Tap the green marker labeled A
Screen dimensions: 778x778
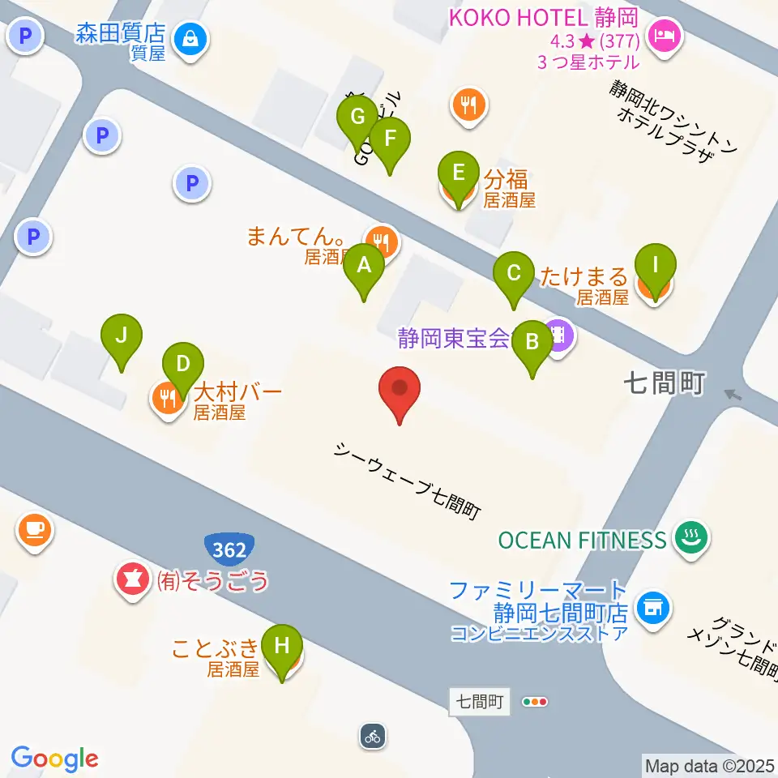tap(364, 267)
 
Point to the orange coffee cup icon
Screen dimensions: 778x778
tap(33, 531)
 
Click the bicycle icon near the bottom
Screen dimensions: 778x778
tap(372, 737)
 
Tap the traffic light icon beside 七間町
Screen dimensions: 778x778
tap(536, 702)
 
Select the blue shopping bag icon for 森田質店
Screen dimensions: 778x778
tap(191, 37)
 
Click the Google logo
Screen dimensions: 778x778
tap(55, 759)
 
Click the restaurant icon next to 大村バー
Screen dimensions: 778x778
tap(168, 398)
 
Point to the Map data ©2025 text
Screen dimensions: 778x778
tap(710, 764)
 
